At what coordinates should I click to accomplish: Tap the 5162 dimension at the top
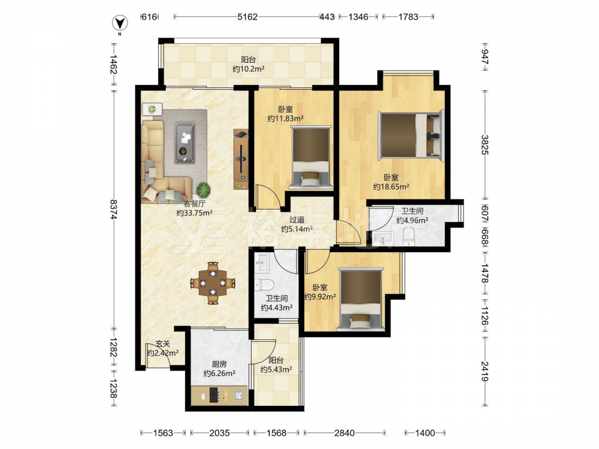247,17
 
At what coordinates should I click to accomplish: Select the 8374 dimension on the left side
113,209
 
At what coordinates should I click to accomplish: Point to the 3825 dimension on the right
485,145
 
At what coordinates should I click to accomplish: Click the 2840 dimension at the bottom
344,433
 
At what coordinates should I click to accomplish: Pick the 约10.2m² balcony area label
249,69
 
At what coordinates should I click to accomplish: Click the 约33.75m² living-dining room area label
195,213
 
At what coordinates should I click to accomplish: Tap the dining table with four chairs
213,283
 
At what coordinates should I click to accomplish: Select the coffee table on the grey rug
185,142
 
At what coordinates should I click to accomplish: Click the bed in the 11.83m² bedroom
310,157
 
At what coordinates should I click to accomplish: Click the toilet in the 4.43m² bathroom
264,284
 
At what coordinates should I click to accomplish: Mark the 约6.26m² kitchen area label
219,374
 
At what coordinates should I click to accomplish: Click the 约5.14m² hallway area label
297,229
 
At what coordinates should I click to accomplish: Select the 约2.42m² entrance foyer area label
163,353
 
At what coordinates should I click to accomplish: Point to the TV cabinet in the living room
241,159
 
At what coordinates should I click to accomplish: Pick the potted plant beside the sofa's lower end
203,189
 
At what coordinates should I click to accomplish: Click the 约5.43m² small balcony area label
277,369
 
